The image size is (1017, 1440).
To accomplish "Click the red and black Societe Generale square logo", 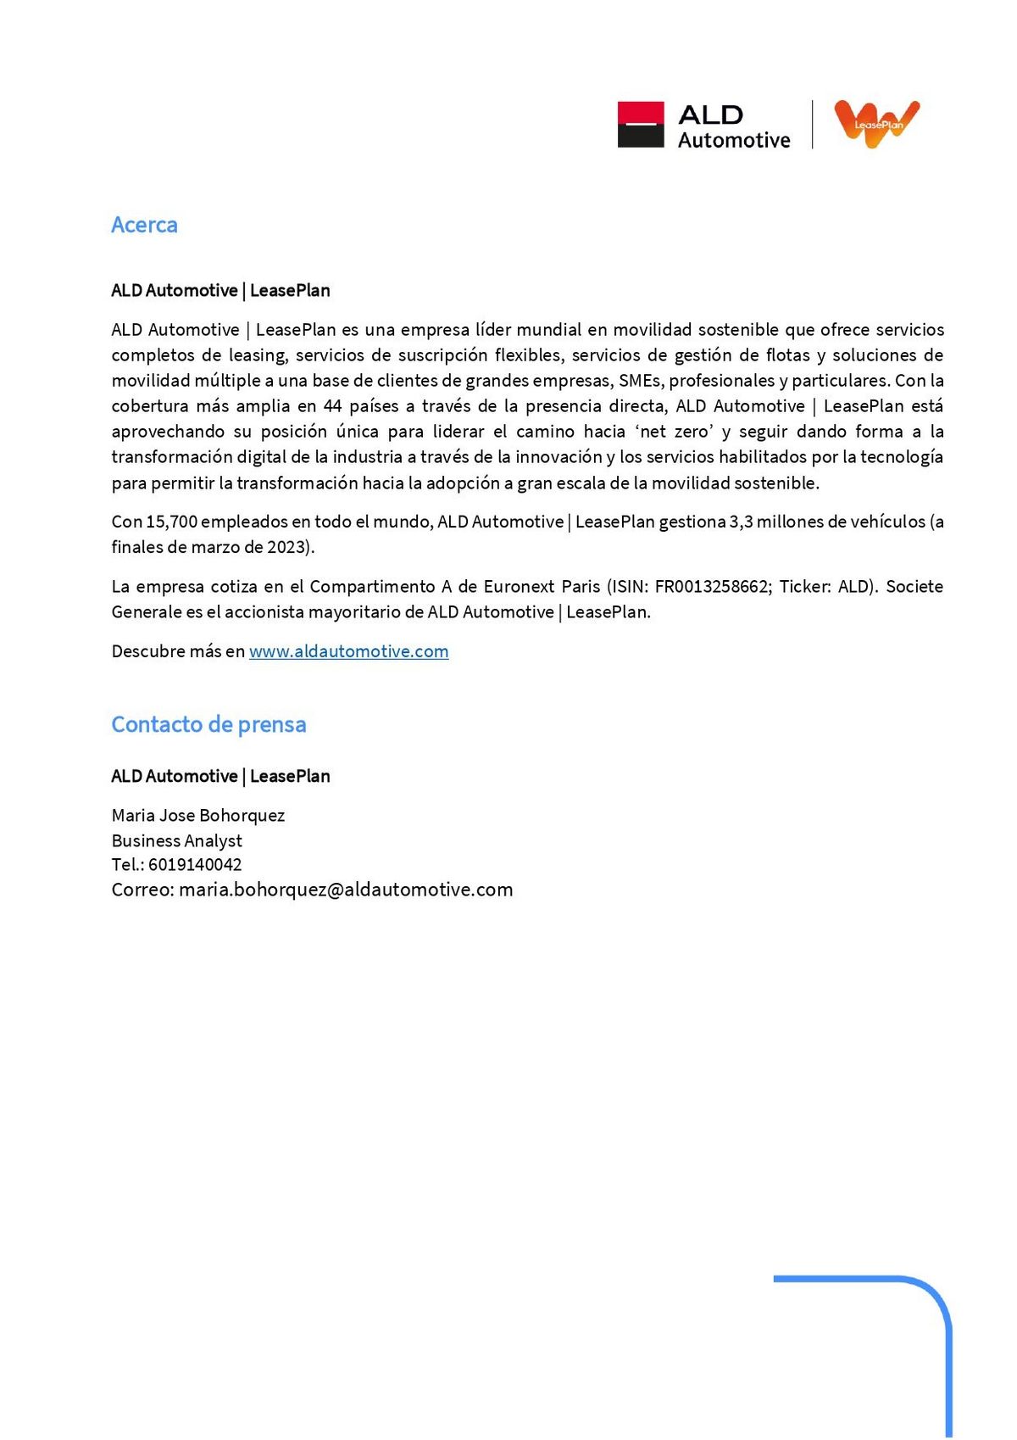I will [x=640, y=125].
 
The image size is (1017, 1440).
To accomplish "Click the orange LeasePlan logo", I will [x=876, y=123].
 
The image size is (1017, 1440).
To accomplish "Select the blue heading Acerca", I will [x=144, y=225].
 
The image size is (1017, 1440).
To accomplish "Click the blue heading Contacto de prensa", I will [x=208, y=724].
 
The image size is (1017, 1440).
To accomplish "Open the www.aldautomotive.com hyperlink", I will [x=348, y=651].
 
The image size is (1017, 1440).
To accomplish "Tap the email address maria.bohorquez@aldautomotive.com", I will [x=346, y=890].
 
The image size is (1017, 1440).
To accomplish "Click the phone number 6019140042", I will [x=195, y=865].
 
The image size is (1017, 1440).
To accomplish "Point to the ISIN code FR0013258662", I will [x=711, y=587].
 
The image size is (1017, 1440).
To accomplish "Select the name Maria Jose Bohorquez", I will [x=197, y=816].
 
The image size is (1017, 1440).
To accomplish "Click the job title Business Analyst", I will [x=176, y=840].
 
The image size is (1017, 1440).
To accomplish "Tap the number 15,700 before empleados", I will [x=171, y=522].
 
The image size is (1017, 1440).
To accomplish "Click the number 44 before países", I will [x=332, y=406].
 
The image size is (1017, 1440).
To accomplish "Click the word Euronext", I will [x=520, y=587].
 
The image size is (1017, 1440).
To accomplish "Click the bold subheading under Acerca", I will [x=220, y=291].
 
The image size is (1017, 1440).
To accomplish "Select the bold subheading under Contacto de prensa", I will [x=220, y=776].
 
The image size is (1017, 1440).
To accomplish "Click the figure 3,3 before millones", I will [x=741, y=522].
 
